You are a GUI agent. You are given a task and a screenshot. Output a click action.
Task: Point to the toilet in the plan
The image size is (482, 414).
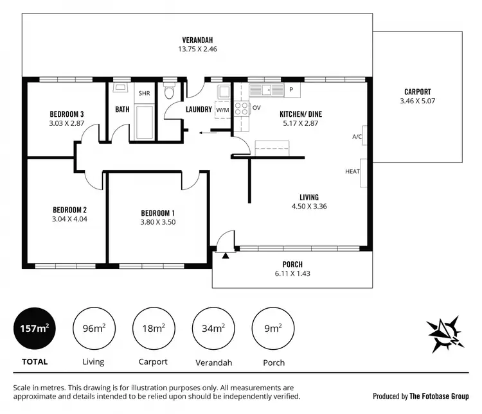tap(169, 92)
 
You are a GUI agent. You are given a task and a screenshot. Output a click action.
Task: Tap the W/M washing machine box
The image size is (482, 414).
tap(222, 109)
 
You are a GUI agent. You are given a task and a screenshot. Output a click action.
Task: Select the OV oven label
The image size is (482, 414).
tap(256, 108)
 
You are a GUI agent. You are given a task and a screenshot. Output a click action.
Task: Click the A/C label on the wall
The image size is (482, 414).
tap(357, 137)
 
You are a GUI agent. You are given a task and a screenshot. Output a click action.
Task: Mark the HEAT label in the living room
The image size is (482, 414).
tap(352, 171)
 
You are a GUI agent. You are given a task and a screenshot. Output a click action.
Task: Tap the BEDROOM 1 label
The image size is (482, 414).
tap(157, 213)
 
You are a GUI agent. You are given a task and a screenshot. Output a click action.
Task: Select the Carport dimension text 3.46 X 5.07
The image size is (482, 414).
tap(417, 101)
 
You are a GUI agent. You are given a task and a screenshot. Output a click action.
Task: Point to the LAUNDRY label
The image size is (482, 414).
tap(199, 109)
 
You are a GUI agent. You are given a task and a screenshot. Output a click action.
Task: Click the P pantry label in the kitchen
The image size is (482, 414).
tap(291, 90)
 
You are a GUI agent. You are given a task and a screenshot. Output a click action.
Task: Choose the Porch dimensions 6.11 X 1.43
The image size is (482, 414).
tap(292, 273)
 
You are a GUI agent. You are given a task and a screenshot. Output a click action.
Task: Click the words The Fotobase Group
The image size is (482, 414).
tap(440, 397)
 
